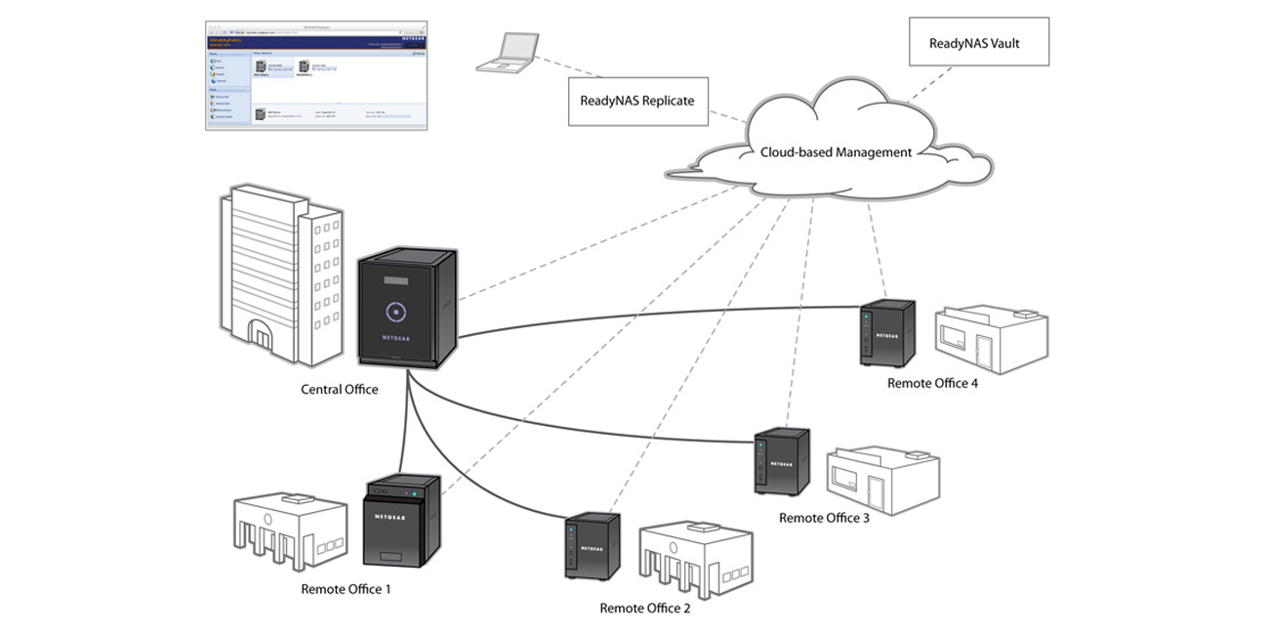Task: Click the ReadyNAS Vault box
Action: (x=978, y=42)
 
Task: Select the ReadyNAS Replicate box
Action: (x=637, y=101)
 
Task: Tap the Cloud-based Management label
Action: (x=836, y=152)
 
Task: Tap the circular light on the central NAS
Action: (x=395, y=313)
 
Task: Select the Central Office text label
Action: (x=339, y=390)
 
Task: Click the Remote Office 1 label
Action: (x=346, y=589)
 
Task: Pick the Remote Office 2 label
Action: (x=644, y=608)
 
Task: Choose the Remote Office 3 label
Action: (x=824, y=518)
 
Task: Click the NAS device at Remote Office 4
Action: (x=887, y=333)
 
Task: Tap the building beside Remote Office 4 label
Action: (x=991, y=338)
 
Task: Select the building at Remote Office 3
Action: (x=882, y=480)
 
